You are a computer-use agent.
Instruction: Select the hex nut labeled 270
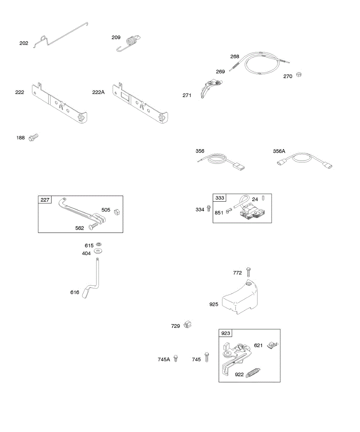pos(298,75)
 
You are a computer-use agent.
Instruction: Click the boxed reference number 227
pos(45,200)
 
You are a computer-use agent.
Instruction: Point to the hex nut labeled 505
pos(117,212)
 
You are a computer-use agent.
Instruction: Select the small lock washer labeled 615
pos(99,244)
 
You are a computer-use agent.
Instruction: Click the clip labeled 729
pos(186,324)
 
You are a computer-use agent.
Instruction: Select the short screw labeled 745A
pos(176,359)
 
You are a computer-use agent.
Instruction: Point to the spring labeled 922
pos(253,373)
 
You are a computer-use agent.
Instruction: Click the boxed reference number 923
pos(226,333)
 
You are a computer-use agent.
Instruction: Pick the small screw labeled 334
pos(208,209)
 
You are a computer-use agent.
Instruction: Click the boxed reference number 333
pos(220,198)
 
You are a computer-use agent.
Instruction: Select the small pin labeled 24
pos(264,198)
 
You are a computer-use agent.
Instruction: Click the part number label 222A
pos(98,93)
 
